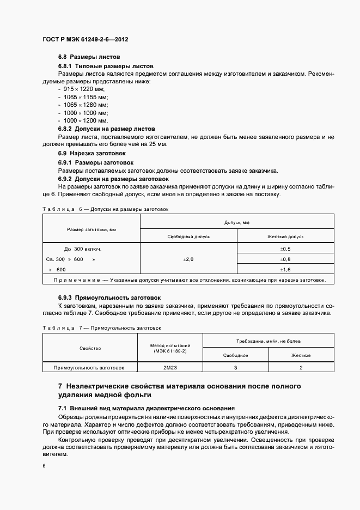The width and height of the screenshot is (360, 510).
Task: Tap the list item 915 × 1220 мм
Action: (84, 89)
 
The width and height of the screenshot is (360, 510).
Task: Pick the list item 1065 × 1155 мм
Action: (86, 96)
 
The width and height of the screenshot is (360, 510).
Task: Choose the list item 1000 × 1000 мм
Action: (86, 112)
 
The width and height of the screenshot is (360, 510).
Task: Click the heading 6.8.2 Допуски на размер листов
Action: (106, 129)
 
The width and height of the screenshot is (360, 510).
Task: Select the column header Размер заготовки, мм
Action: (91, 229)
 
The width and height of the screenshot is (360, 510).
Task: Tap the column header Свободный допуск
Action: (188, 237)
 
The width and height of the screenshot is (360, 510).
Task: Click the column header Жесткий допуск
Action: (285, 237)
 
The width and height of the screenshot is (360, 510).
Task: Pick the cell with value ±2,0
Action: (188, 259)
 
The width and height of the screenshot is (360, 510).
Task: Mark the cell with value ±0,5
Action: (285, 248)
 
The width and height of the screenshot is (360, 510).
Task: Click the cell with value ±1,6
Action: (285, 270)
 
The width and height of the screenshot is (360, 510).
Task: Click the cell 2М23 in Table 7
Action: (170, 368)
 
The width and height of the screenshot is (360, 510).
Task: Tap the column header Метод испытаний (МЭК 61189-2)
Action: (170, 348)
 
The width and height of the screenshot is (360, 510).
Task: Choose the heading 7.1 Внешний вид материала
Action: (146, 408)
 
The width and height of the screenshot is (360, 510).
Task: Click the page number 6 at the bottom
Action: (44, 466)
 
